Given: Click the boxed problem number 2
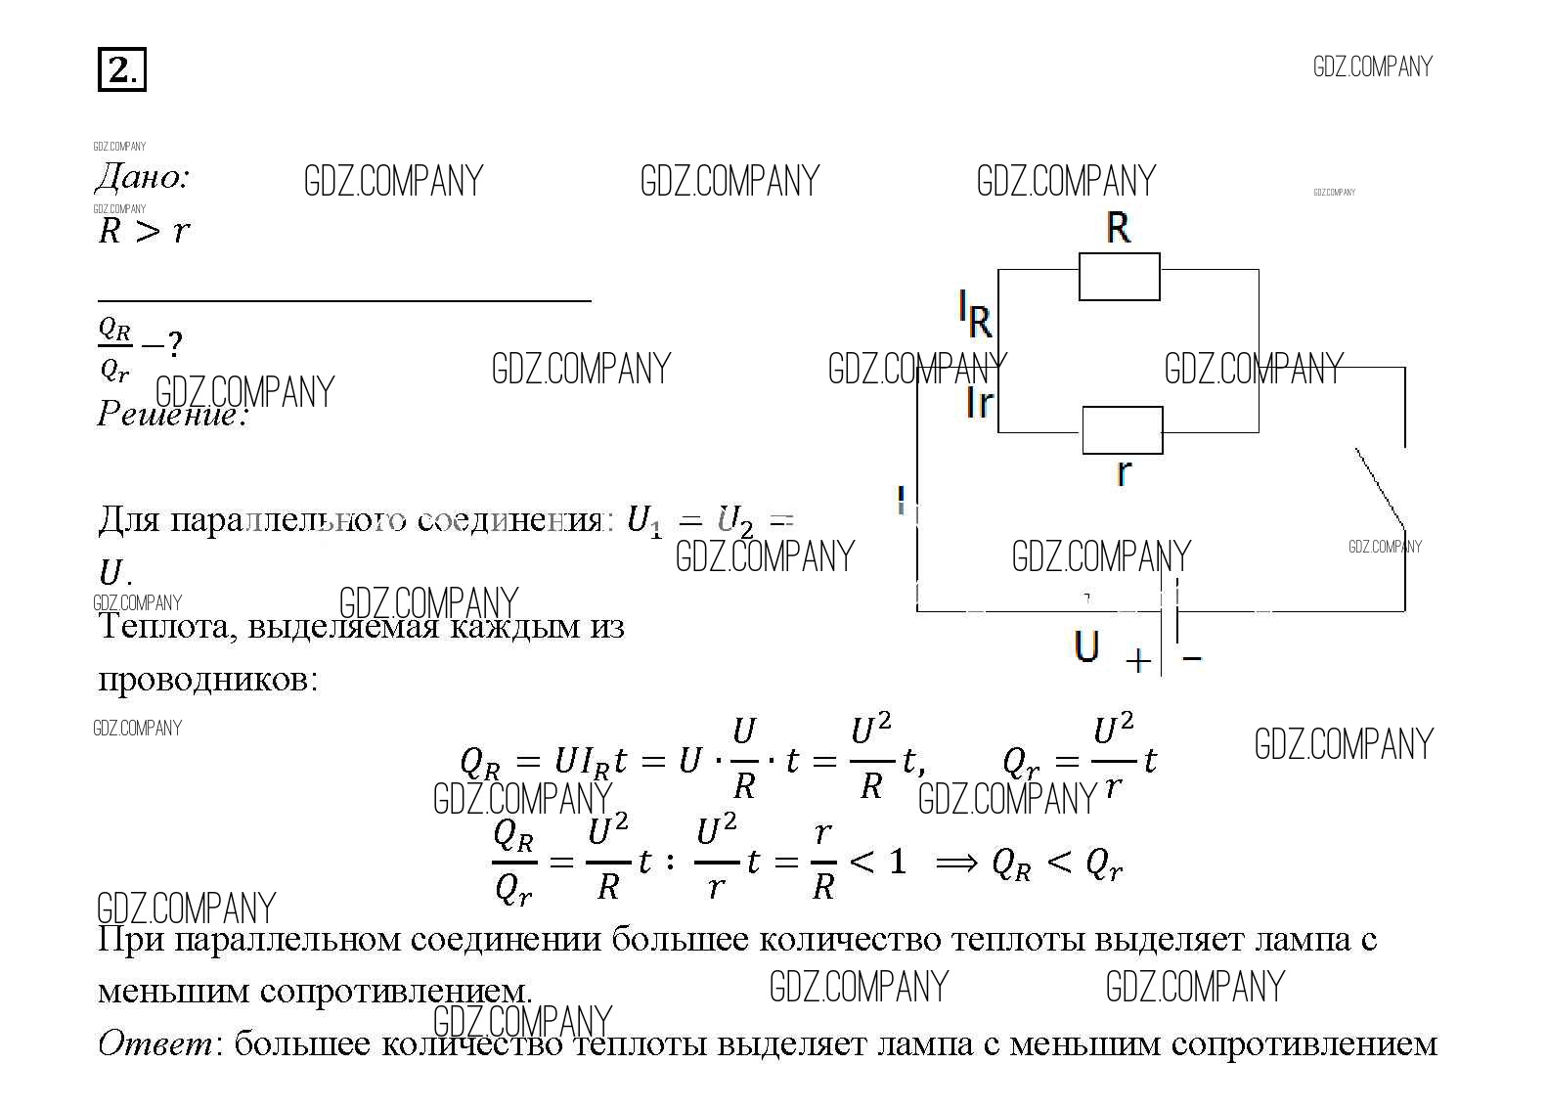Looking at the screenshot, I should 122,70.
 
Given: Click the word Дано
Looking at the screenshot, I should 142,178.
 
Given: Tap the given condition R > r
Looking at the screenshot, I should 144,232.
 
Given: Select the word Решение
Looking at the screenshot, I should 171,415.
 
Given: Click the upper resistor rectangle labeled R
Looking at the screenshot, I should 1120,277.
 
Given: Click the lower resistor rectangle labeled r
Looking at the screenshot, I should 1123,430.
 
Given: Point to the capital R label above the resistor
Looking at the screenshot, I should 1119,229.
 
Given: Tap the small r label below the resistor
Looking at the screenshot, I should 1124,472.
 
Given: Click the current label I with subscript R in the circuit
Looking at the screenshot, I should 975,315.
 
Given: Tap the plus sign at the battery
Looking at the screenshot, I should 1137,662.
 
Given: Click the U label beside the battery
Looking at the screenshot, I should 1086,647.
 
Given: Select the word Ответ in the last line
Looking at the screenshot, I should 155,1044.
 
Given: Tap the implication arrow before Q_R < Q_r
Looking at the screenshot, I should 955,863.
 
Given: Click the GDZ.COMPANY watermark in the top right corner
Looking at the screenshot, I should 1372,67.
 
